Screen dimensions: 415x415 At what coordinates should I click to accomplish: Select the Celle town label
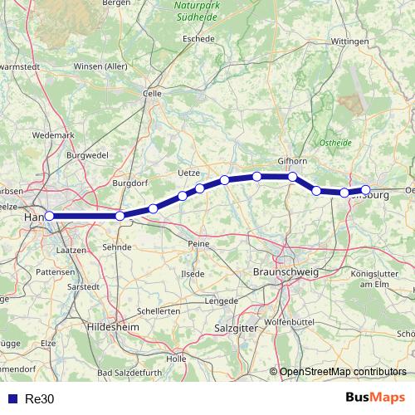[x=152, y=95]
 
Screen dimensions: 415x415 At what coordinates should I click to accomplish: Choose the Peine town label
[x=198, y=243]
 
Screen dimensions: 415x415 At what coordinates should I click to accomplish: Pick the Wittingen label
[x=349, y=40]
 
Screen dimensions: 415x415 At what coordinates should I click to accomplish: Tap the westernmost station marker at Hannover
[x=49, y=216]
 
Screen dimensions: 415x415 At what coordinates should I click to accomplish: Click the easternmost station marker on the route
[x=365, y=190]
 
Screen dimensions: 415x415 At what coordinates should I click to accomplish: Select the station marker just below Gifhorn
[x=293, y=176]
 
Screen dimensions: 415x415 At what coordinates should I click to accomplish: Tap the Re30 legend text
[x=39, y=398]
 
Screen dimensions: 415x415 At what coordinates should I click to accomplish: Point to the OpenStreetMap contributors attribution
[x=343, y=371]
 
